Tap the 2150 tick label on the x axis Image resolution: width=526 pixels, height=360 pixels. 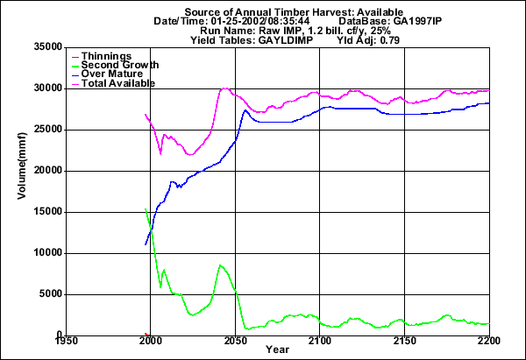click(x=404, y=342)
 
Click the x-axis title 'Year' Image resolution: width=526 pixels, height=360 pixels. click(x=279, y=350)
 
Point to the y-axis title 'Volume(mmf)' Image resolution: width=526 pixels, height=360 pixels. click(x=21, y=191)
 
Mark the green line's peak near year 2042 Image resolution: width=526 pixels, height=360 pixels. click(x=220, y=265)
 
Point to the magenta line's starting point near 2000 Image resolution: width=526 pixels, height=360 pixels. click(x=146, y=114)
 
